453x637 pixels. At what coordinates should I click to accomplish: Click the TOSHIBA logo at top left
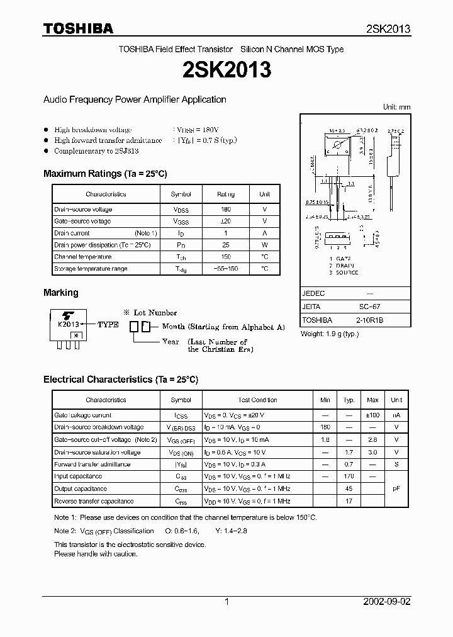tap(78, 28)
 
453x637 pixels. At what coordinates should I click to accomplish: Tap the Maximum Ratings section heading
tap(105, 173)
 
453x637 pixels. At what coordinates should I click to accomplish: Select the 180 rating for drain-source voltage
tap(225, 209)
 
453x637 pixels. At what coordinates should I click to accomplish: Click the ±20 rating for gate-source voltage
tap(225, 221)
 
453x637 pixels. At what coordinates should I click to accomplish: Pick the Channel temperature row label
tap(82, 257)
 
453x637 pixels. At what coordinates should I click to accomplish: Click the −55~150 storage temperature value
tap(225, 269)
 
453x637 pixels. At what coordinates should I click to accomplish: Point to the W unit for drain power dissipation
tap(264, 245)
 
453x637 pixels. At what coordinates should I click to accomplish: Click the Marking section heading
tap(61, 293)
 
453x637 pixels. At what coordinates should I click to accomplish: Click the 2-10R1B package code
tap(371, 320)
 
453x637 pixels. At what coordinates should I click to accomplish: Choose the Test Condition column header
tap(257, 400)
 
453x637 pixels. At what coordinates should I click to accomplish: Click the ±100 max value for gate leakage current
tap(372, 415)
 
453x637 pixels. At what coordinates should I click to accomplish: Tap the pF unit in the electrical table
tap(396, 488)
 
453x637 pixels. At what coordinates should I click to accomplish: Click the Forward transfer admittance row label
tap(92, 465)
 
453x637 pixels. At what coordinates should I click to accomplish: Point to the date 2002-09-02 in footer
tap(386, 602)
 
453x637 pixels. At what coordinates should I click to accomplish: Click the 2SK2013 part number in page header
tap(388, 29)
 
